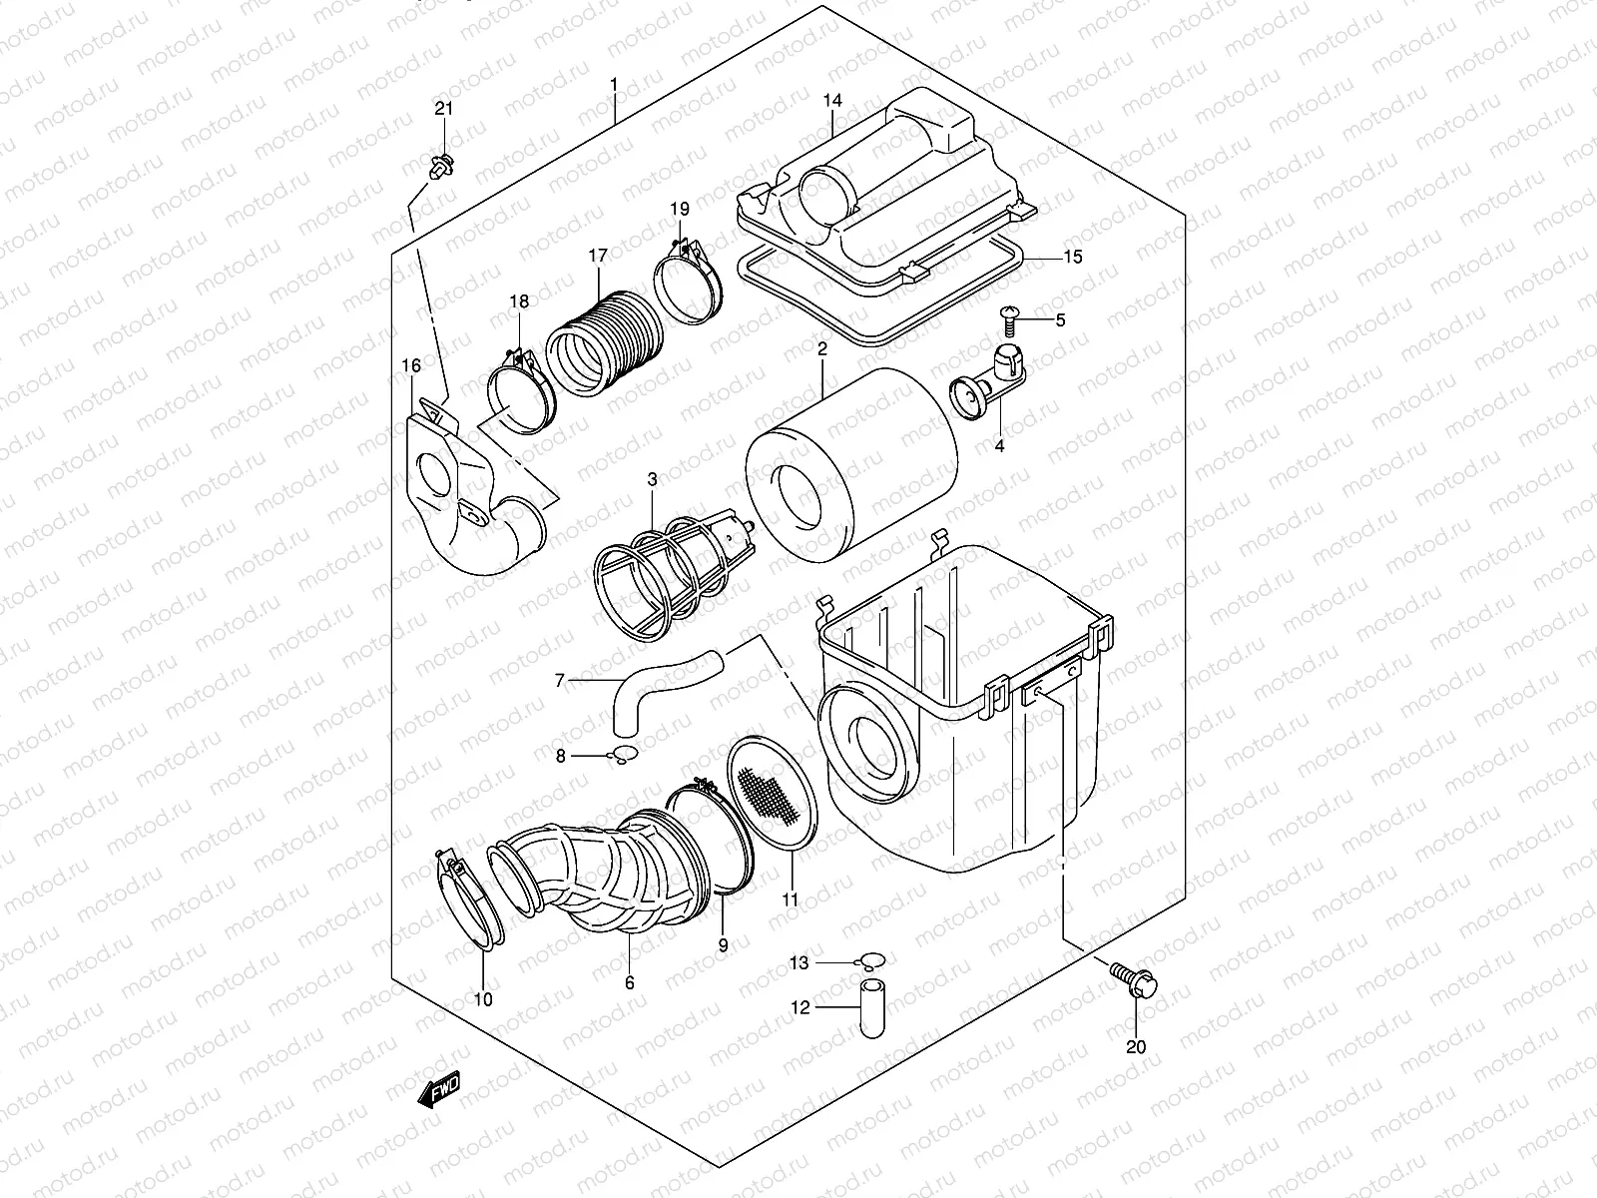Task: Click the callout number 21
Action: (443, 109)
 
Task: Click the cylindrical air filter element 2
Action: (853, 449)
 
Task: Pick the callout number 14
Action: (832, 101)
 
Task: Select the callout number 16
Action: (411, 366)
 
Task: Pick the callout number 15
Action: (1072, 257)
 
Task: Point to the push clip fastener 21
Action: (441, 168)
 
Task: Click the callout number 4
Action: (999, 446)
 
